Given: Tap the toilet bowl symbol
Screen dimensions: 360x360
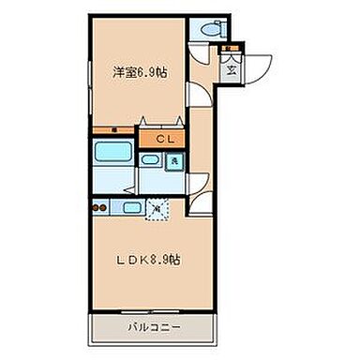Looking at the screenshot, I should click(207, 28).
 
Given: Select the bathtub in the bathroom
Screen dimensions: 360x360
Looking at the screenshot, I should click(114, 157).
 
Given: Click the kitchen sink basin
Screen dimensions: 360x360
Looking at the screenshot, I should click(132, 207).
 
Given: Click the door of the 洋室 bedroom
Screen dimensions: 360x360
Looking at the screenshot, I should click(196, 94).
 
